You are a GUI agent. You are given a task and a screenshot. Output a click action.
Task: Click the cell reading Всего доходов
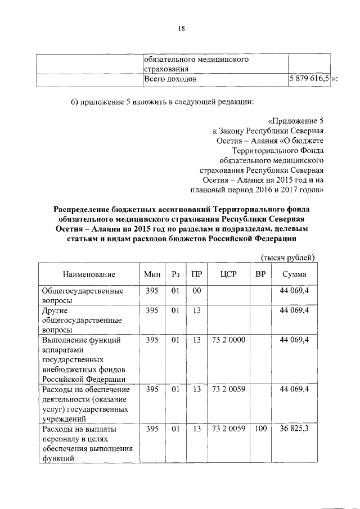[x=170, y=79]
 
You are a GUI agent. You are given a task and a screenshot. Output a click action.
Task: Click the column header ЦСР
[x=228, y=274]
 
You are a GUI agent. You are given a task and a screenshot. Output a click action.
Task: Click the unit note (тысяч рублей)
[x=287, y=258]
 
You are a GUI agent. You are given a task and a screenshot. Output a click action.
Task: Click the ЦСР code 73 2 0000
[x=228, y=340]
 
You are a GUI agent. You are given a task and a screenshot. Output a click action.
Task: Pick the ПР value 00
[x=196, y=291]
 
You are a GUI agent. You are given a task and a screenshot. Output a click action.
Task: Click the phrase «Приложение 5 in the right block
[x=296, y=120]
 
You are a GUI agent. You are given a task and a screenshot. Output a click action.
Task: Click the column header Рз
[x=175, y=274]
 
